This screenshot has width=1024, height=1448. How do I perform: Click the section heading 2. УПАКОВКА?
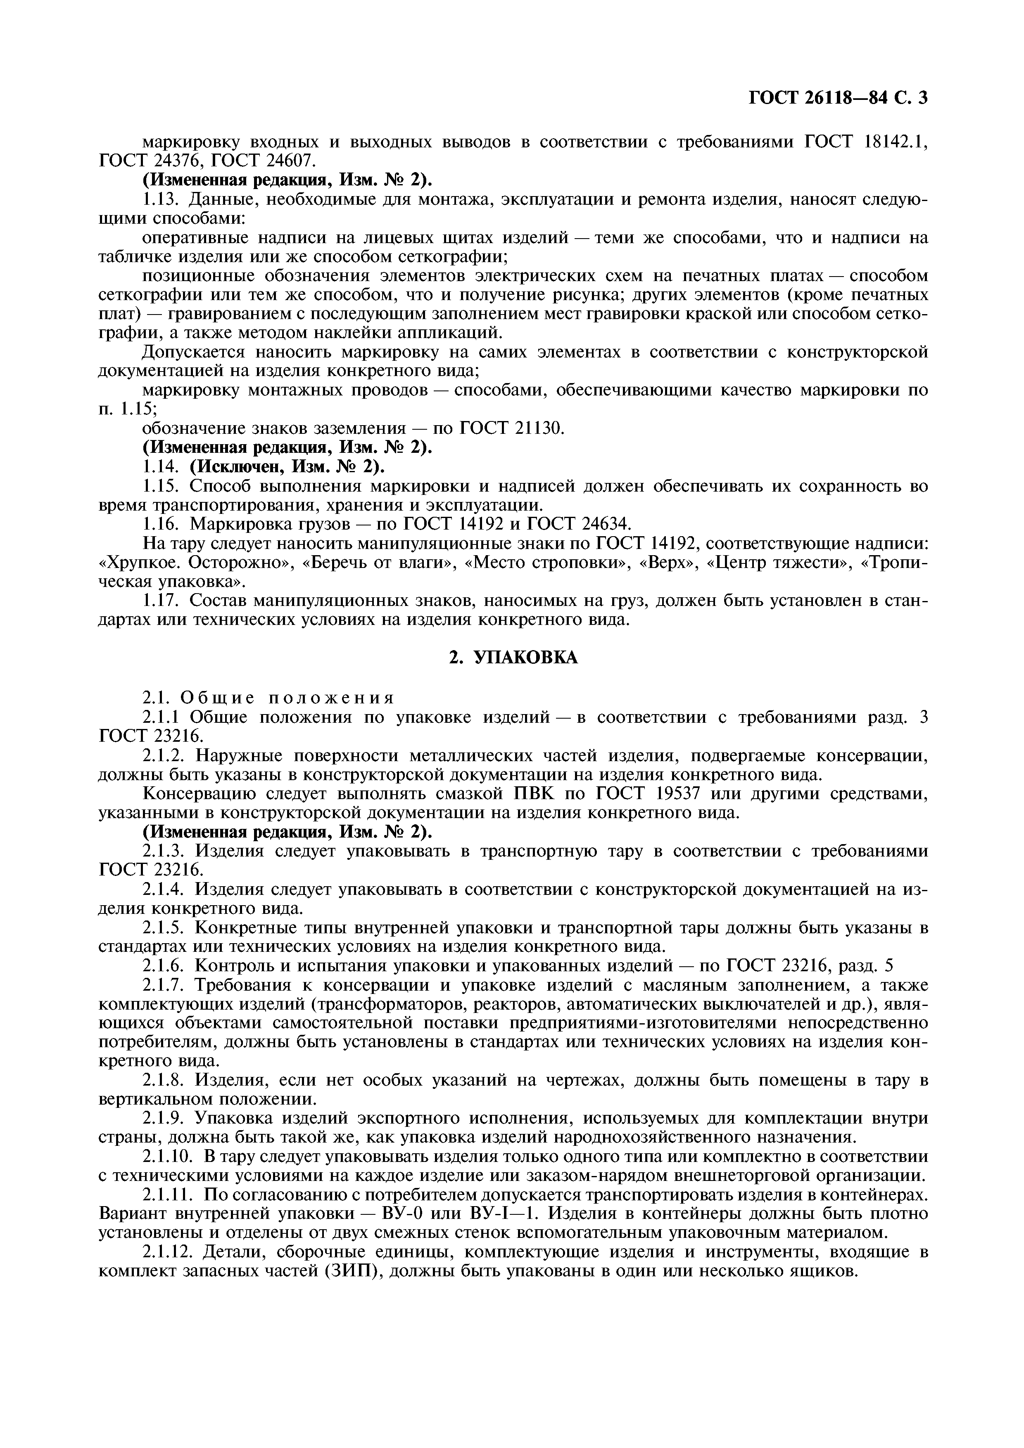click(512, 658)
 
